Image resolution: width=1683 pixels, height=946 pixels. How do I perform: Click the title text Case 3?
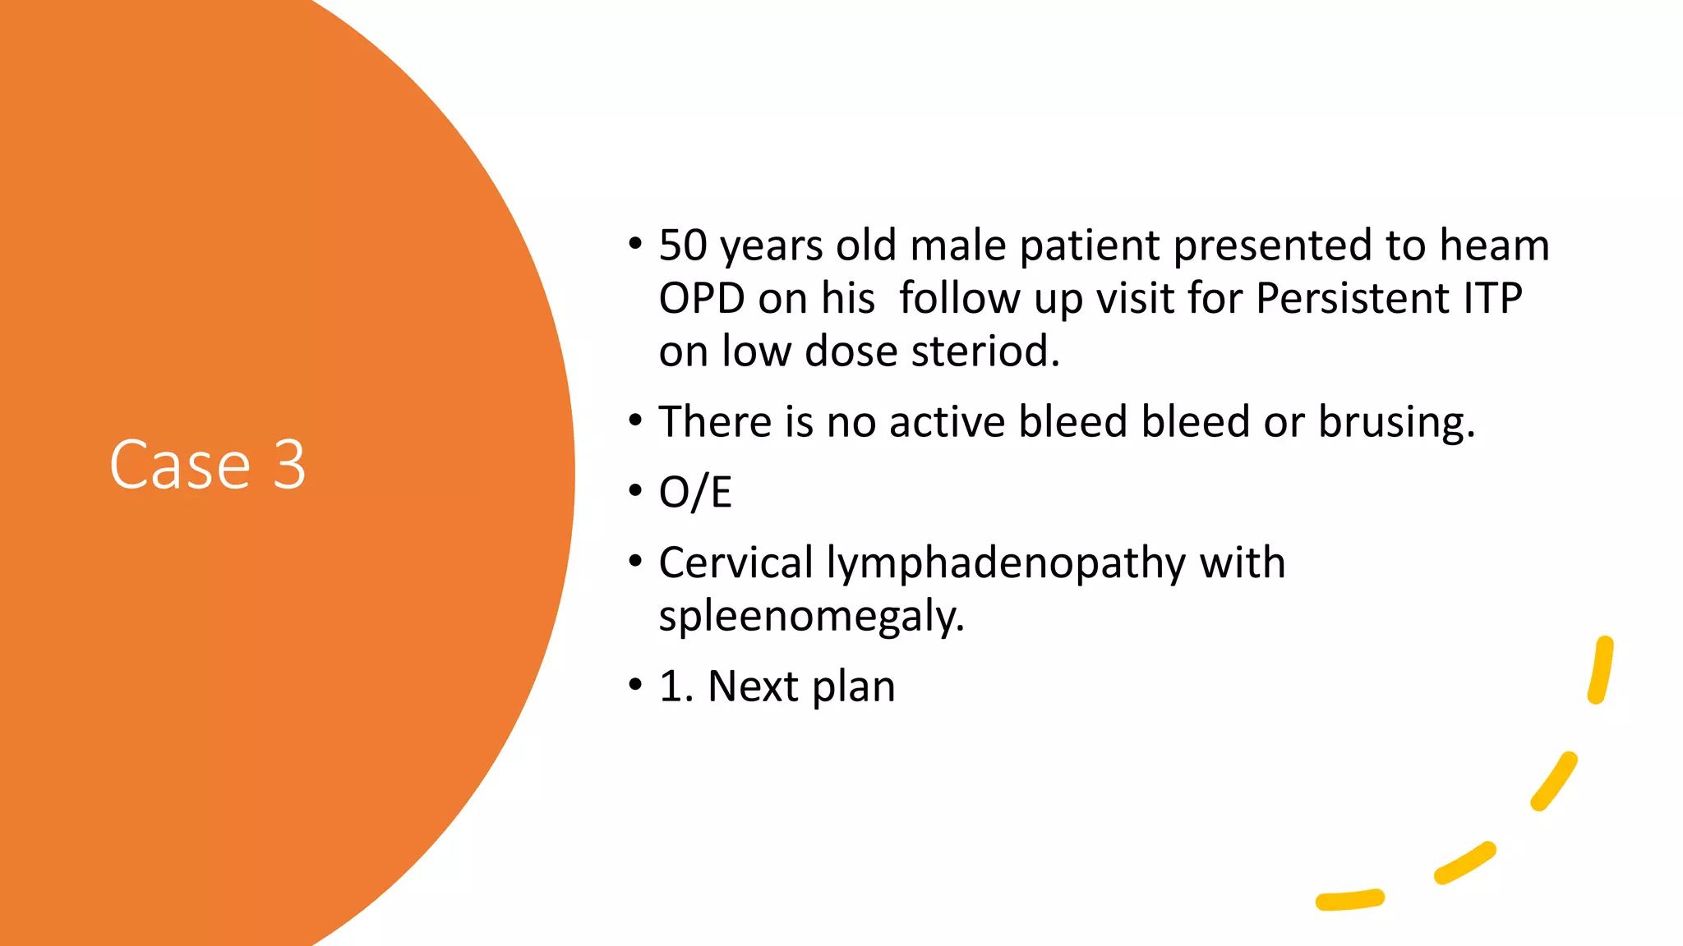coord(208,465)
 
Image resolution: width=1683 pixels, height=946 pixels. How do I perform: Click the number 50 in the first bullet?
coord(683,246)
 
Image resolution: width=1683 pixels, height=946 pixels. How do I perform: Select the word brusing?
coord(1396,422)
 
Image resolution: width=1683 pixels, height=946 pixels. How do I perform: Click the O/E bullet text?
coord(695,493)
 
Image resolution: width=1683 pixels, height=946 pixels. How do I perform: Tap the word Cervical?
coord(735,563)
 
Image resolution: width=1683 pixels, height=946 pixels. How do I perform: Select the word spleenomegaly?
coord(810,617)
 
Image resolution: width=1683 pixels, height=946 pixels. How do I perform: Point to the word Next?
coord(753,686)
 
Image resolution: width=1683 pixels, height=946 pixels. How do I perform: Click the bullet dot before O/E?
coord(634,491)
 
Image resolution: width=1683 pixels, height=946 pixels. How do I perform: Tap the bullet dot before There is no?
coord(634,420)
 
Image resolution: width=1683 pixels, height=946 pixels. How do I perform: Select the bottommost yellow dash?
coord(1349,901)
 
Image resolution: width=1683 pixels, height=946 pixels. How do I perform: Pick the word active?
coord(947,422)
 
